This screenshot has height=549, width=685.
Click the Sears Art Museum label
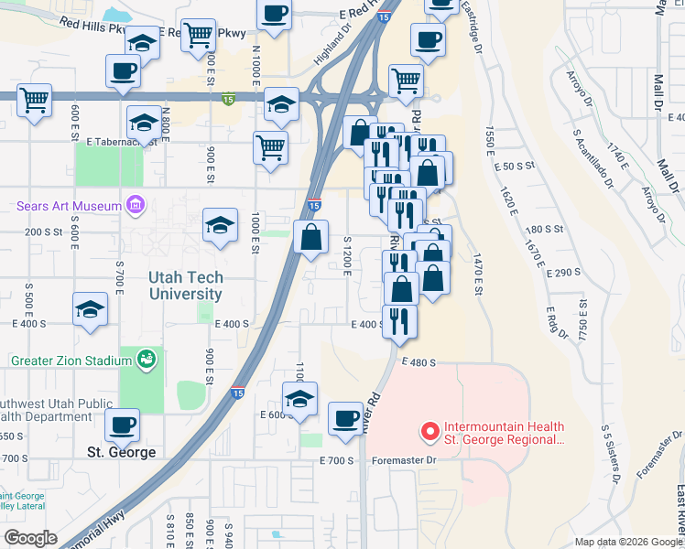tap(69, 206)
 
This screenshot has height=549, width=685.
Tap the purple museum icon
tap(136, 203)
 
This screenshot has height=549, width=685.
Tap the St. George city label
tap(122, 452)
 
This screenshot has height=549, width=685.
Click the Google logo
tap(30, 538)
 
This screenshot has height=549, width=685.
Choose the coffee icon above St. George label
tap(123, 424)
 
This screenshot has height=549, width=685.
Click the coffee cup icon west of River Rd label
tap(345, 418)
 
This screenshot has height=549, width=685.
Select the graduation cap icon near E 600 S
tap(299, 398)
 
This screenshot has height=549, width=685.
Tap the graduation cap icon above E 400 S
tap(90, 310)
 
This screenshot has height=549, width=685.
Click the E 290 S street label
tap(563, 273)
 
